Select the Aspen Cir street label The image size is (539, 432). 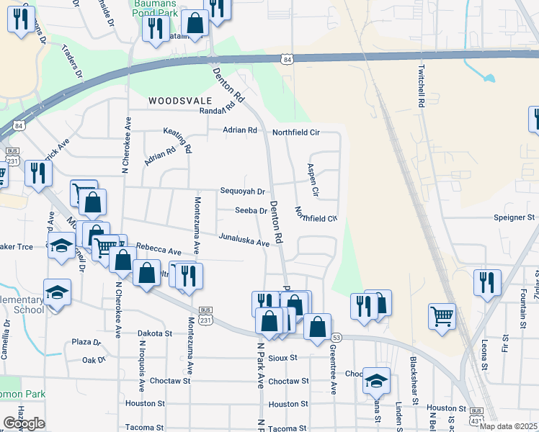(x=313, y=180)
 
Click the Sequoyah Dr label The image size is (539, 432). (x=243, y=192)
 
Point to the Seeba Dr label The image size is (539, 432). (x=251, y=211)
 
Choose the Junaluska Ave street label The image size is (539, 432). (x=244, y=239)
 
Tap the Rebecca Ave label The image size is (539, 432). (x=158, y=249)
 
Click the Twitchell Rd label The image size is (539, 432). (x=421, y=87)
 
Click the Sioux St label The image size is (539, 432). (x=282, y=357)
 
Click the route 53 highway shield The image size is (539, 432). (x=336, y=338)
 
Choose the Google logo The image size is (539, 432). (x=24, y=423)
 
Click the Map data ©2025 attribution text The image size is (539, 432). (x=508, y=426)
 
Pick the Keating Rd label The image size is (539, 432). (x=186, y=141)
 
